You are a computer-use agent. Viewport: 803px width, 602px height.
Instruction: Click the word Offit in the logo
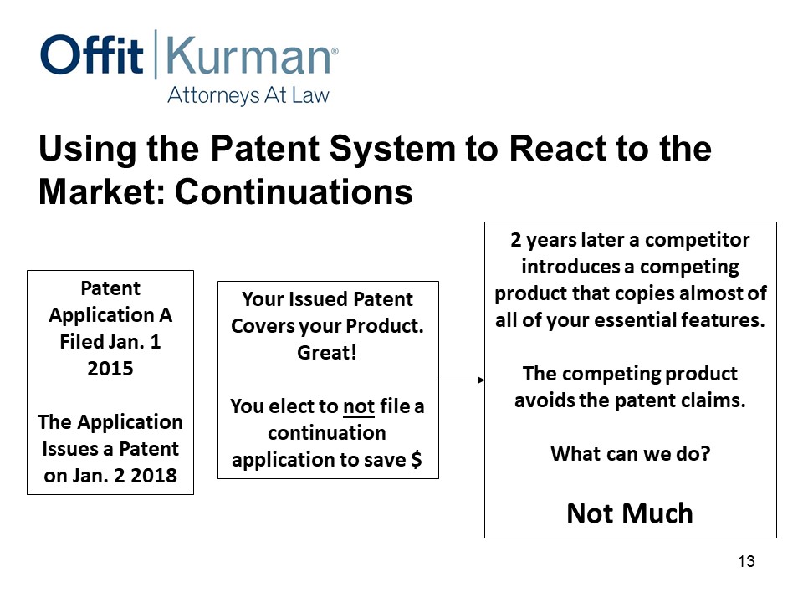tap(92, 54)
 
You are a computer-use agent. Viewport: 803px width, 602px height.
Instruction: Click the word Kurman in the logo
tap(248, 55)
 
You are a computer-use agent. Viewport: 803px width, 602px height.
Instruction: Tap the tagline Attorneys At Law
tap(248, 95)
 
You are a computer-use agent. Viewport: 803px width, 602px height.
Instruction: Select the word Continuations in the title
tap(294, 192)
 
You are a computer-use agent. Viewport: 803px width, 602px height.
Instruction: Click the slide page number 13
tap(746, 561)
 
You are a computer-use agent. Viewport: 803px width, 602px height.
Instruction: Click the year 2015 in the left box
tap(110, 369)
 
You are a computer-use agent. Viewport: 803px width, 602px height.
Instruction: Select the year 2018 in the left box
tap(154, 476)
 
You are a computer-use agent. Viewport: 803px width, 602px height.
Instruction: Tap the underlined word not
tap(359, 406)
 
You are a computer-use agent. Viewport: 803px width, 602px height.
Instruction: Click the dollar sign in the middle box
tap(417, 459)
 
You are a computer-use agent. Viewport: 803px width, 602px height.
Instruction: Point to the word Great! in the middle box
tap(327, 353)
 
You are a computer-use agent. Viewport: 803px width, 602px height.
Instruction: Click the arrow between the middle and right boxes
tap(462, 380)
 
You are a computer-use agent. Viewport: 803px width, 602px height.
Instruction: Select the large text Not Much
tap(630, 513)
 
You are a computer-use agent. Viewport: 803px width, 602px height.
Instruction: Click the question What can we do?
tap(631, 453)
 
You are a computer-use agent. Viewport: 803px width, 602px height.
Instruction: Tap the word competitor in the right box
tap(697, 240)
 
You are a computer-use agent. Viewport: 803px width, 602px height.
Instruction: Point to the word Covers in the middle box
tap(259, 326)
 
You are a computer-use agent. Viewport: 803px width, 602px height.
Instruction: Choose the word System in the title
tap(392, 150)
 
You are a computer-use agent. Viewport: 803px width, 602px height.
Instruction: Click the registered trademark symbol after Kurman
tap(335, 51)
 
